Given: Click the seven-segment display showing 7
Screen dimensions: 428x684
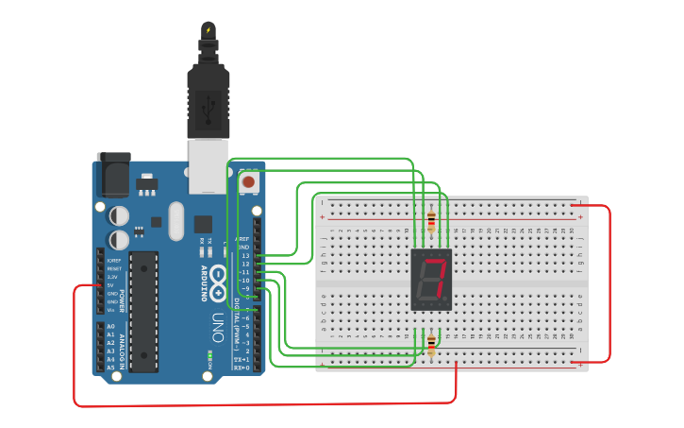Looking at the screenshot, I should point(431,280).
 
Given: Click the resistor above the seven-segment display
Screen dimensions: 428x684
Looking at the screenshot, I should point(431,222).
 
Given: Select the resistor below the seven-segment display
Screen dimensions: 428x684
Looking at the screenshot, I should point(431,344).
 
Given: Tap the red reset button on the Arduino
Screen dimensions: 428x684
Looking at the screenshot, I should point(248,180).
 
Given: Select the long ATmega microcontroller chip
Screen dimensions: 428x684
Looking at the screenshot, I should point(143,311).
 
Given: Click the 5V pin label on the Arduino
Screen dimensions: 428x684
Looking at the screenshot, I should point(111,285).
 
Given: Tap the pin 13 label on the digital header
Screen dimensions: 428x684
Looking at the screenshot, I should point(244,256).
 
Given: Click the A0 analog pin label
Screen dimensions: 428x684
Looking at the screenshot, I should point(110,327).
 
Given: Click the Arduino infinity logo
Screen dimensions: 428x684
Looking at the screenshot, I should point(218,282).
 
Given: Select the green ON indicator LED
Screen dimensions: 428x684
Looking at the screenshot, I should point(209,355).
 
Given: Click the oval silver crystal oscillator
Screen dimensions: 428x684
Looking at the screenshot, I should point(176,220).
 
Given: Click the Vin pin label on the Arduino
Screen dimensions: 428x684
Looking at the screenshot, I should point(110,310).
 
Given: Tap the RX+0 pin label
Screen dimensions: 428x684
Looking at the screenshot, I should point(242,368).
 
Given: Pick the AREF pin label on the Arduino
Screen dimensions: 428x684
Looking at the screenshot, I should point(243,240).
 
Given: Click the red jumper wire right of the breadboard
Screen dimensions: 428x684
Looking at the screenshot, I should point(609,283).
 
